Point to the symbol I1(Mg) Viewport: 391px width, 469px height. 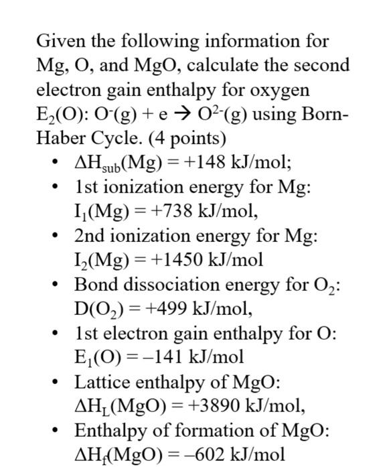click(x=102, y=212)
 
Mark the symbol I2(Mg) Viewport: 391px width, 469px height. click(x=103, y=260)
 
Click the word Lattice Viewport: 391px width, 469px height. click(x=98, y=382)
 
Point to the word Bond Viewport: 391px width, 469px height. click(x=93, y=284)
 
